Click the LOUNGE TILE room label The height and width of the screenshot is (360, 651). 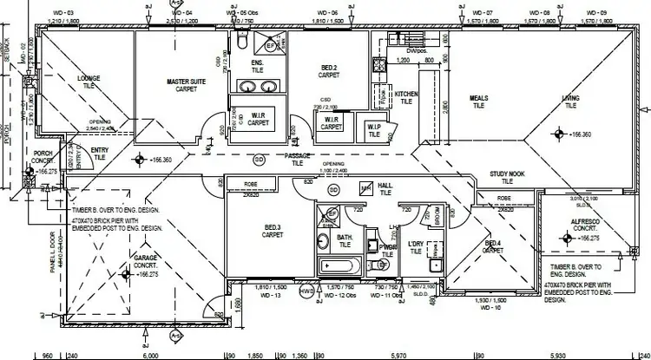pos(89,82)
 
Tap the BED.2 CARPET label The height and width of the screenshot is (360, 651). pos(327,71)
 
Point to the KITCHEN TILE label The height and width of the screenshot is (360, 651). pos(407,97)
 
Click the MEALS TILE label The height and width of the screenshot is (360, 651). pos(479,102)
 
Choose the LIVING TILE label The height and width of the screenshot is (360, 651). pos(570,102)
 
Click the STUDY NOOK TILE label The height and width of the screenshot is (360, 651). pos(507,178)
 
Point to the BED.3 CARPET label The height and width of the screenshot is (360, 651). pos(273,231)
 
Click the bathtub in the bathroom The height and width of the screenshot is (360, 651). pos(337,266)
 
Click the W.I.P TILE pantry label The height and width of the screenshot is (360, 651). pos(374,130)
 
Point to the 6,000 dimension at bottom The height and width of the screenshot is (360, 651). pos(149,354)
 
